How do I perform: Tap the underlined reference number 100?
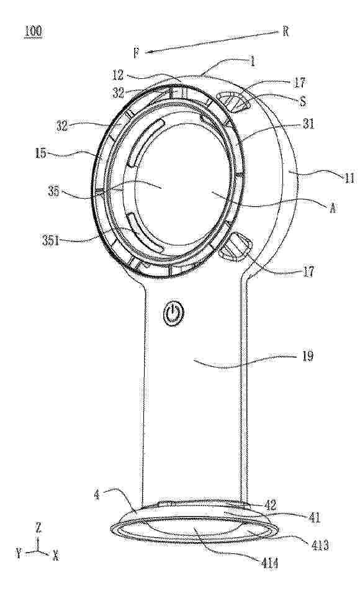(34, 32)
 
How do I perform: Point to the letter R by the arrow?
(286, 31)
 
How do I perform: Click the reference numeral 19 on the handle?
(308, 356)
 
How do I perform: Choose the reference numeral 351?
(51, 240)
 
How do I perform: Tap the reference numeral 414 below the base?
(270, 564)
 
